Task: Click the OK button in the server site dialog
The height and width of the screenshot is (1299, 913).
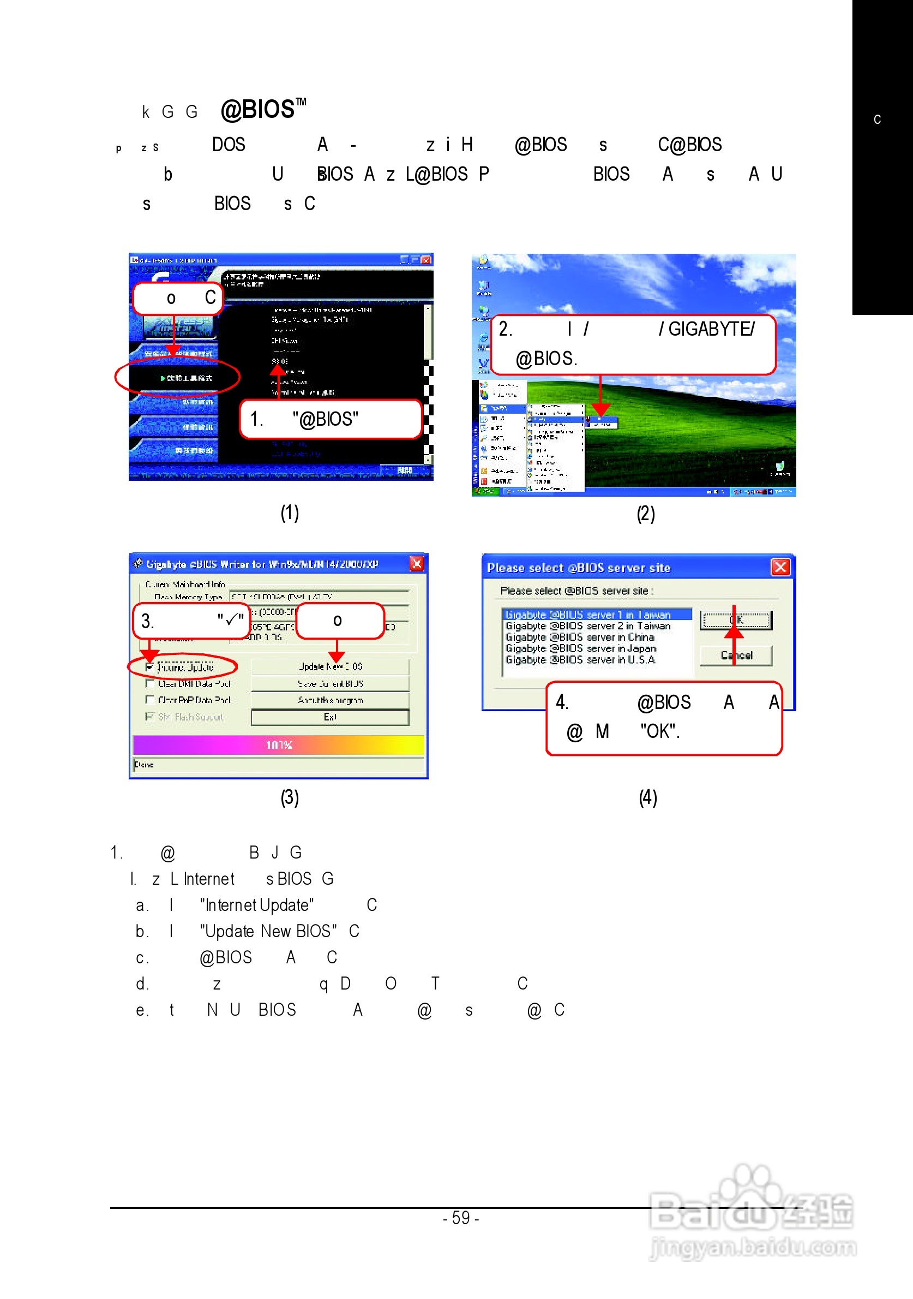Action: point(736,620)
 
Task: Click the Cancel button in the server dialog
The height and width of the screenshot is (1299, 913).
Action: point(736,655)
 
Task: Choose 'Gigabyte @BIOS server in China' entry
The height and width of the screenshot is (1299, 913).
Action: point(579,637)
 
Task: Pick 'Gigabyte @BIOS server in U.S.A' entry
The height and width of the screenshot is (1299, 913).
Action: point(580,660)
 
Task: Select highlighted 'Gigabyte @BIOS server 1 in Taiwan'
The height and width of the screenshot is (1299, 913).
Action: point(588,615)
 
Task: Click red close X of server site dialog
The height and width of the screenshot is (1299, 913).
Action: point(780,567)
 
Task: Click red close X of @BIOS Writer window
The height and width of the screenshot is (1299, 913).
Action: point(417,563)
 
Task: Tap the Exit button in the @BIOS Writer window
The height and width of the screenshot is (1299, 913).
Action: point(330,717)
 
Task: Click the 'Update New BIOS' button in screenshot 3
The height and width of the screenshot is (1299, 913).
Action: point(330,666)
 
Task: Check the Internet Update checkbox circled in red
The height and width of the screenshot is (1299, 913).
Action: point(150,667)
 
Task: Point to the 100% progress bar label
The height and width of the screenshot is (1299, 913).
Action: point(279,745)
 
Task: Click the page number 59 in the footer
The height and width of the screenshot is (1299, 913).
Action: point(461,1218)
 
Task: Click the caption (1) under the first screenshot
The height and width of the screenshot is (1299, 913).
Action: point(290,513)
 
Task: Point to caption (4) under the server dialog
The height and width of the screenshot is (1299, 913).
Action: point(648,798)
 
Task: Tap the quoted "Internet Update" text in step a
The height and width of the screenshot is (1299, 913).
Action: point(257,905)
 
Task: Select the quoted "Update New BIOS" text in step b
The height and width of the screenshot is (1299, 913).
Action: point(268,931)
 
